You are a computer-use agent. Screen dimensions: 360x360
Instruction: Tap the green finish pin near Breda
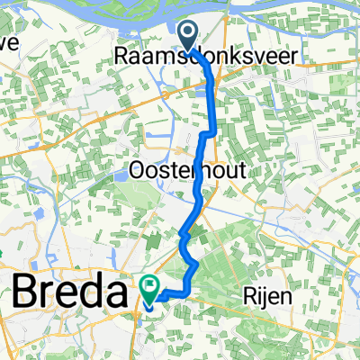(149, 288)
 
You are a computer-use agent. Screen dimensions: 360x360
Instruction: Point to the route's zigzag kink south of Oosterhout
(184, 234)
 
